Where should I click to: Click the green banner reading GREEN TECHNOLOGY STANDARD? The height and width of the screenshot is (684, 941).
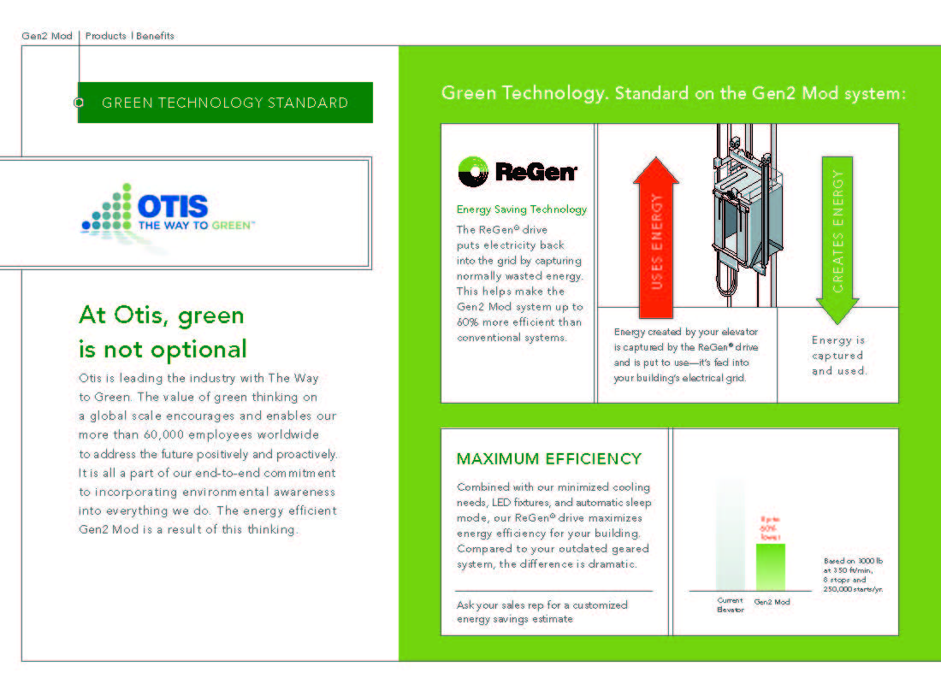click(x=225, y=103)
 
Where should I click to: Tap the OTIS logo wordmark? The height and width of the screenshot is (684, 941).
click(x=172, y=205)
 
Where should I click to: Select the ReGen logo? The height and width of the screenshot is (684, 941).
click(x=518, y=172)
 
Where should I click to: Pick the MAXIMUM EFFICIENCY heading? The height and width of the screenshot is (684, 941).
click(x=549, y=459)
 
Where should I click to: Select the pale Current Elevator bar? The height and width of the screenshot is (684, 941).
click(x=730, y=534)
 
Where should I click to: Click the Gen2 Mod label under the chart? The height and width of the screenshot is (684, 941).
click(x=772, y=602)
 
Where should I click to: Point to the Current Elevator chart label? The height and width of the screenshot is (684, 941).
click(x=730, y=605)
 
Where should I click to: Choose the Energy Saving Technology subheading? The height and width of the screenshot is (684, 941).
click(x=522, y=209)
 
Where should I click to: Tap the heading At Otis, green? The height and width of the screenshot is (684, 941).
click(x=162, y=315)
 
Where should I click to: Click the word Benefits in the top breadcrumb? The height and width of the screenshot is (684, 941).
click(x=155, y=36)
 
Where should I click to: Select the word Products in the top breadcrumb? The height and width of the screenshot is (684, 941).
click(x=106, y=36)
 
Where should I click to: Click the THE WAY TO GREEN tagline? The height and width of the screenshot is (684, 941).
click(x=196, y=226)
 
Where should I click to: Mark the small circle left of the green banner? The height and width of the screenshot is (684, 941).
click(x=79, y=103)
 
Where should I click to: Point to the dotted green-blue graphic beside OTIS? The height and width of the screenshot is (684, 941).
click(x=109, y=209)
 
